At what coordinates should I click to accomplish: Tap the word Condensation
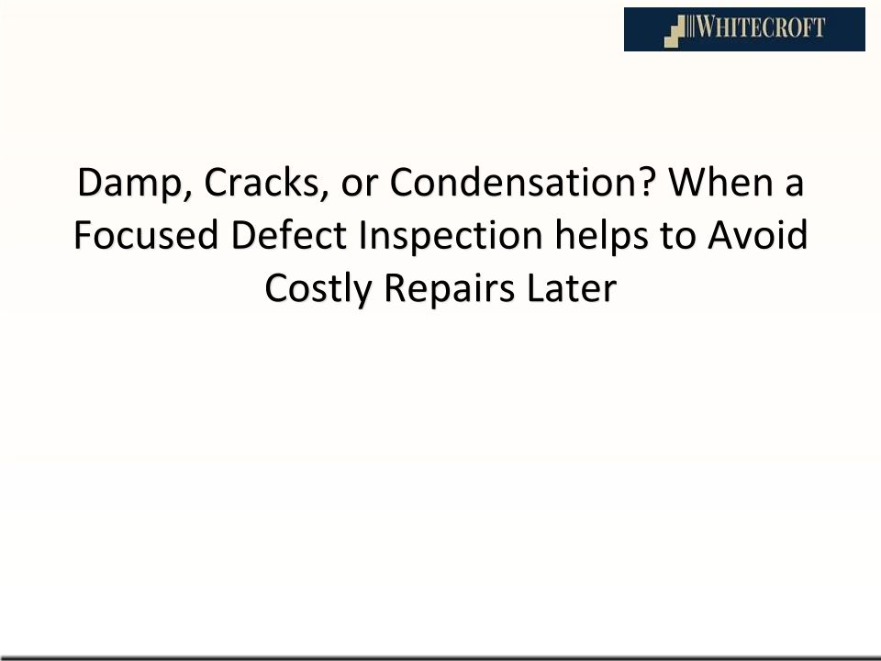[515, 182]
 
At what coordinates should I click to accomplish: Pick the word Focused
[146, 235]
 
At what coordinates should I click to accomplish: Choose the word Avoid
[758, 235]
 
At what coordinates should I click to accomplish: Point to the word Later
[572, 287]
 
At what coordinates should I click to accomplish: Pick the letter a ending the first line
[794, 186]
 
